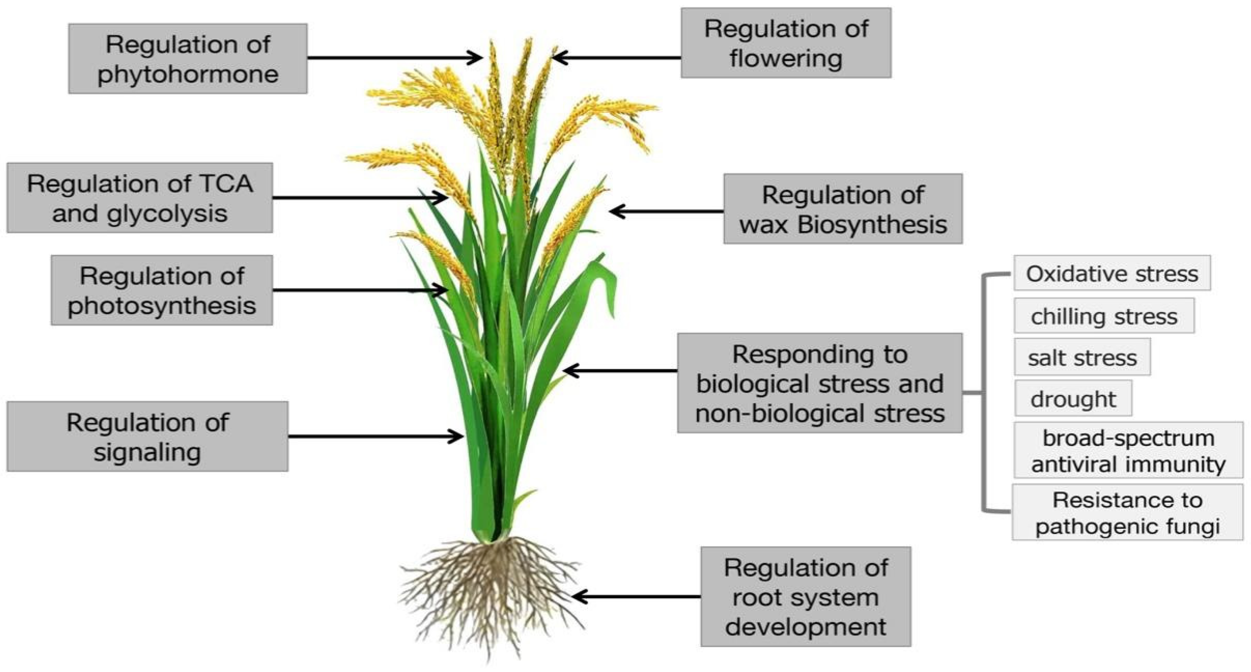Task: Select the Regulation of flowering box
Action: [x=786, y=43]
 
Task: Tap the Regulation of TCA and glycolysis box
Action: [x=139, y=198]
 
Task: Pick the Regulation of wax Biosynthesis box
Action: [x=843, y=209]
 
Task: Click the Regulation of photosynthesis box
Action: [x=162, y=290]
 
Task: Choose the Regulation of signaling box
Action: [x=147, y=436]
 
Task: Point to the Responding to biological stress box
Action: [x=819, y=383]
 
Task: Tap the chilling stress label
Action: [x=1104, y=316]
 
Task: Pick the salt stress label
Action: [x=1082, y=358]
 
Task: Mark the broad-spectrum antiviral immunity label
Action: [x=1128, y=450]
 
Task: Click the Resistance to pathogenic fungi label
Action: [x=1127, y=512]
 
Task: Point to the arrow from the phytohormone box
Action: [x=393, y=58]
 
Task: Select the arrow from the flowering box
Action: [x=617, y=58]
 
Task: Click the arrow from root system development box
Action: [x=636, y=597]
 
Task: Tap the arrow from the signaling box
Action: [x=375, y=436]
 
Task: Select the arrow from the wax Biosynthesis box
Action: [x=666, y=211]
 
